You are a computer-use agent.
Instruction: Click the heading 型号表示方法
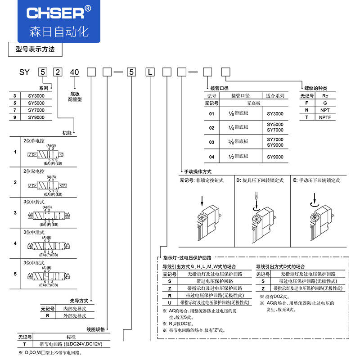[x=35, y=49]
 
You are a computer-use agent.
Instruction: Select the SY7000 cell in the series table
[x=36, y=110]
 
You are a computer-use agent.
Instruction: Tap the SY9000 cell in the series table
[x=36, y=117]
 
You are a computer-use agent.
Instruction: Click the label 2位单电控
[x=34, y=140]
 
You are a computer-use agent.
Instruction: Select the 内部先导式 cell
[x=75, y=308]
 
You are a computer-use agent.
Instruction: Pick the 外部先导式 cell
[x=75, y=315]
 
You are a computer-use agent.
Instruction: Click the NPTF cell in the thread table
[x=325, y=117]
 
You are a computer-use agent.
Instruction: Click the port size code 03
[x=211, y=142]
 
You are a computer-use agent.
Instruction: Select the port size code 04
[x=211, y=157]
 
